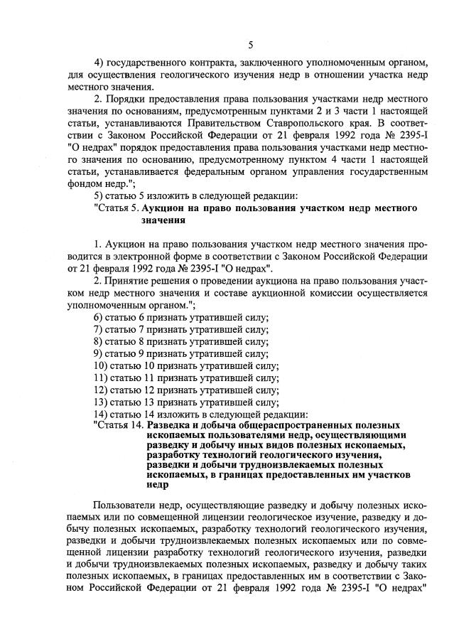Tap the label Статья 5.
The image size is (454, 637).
click(117, 208)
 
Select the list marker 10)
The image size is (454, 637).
click(103, 365)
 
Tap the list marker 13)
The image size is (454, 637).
click(103, 402)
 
